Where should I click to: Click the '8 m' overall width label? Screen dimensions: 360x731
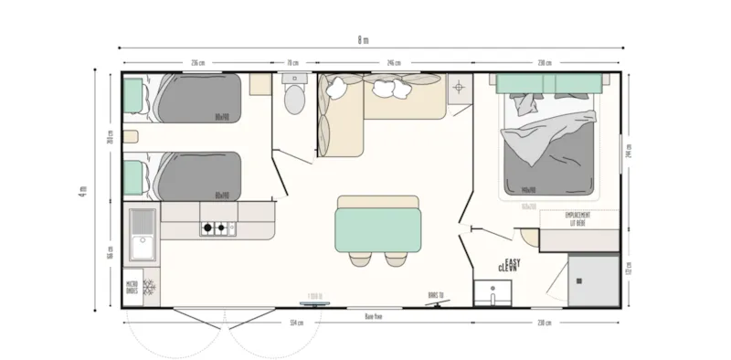point(365,40)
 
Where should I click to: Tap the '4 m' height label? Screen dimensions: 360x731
point(81,191)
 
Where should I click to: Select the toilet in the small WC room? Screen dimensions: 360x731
point(294,99)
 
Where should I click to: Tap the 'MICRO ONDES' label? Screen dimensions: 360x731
point(132,289)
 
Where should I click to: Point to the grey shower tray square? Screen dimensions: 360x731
point(593,280)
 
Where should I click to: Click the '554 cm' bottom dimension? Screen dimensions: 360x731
point(296,323)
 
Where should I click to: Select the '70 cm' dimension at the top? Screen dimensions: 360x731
point(292,63)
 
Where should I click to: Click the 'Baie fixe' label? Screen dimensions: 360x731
point(373,315)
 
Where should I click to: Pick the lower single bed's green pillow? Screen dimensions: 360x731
point(134,175)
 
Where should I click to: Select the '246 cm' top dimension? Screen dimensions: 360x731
point(394,63)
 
